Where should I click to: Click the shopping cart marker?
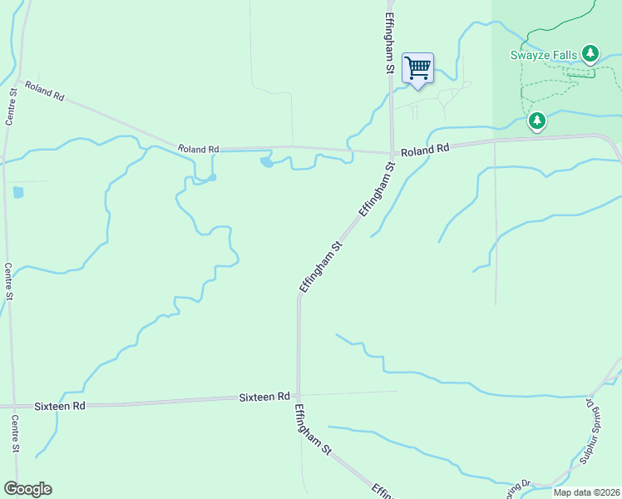click(x=417, y=68)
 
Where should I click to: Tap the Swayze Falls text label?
click(x=545, y=55)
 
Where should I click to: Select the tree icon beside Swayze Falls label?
click(x=590, y=55)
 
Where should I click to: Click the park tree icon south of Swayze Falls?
click(x=537, y=121)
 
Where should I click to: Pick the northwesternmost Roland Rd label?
click(x=44, y=91)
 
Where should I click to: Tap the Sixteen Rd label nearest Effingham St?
click(x=265, y=398)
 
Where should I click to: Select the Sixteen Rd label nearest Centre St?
click(x=60, y=406)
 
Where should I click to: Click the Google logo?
click(x=27, y=489)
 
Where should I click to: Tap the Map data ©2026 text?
click(x=586, y=492)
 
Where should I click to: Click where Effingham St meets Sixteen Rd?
click(x=299, y=395)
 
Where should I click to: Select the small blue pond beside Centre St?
click(x=18, y=192)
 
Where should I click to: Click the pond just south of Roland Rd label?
click(x=267, y=161)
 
